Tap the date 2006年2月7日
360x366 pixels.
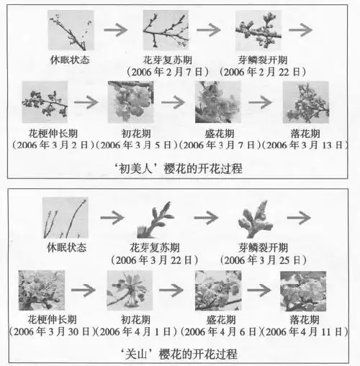pyautogui.click(x=166, y=73)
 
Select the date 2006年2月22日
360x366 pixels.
pyautogui.click(x=260, y=73)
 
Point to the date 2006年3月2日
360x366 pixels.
pyautogui.click(x=45, y=144)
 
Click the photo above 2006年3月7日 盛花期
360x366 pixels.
pyautogui.click(x=218, y=101)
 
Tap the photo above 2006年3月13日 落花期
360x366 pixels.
pyautogui.click(x=306, y=101)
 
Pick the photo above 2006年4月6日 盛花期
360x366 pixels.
pyautogui.click(x=218, y=290)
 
